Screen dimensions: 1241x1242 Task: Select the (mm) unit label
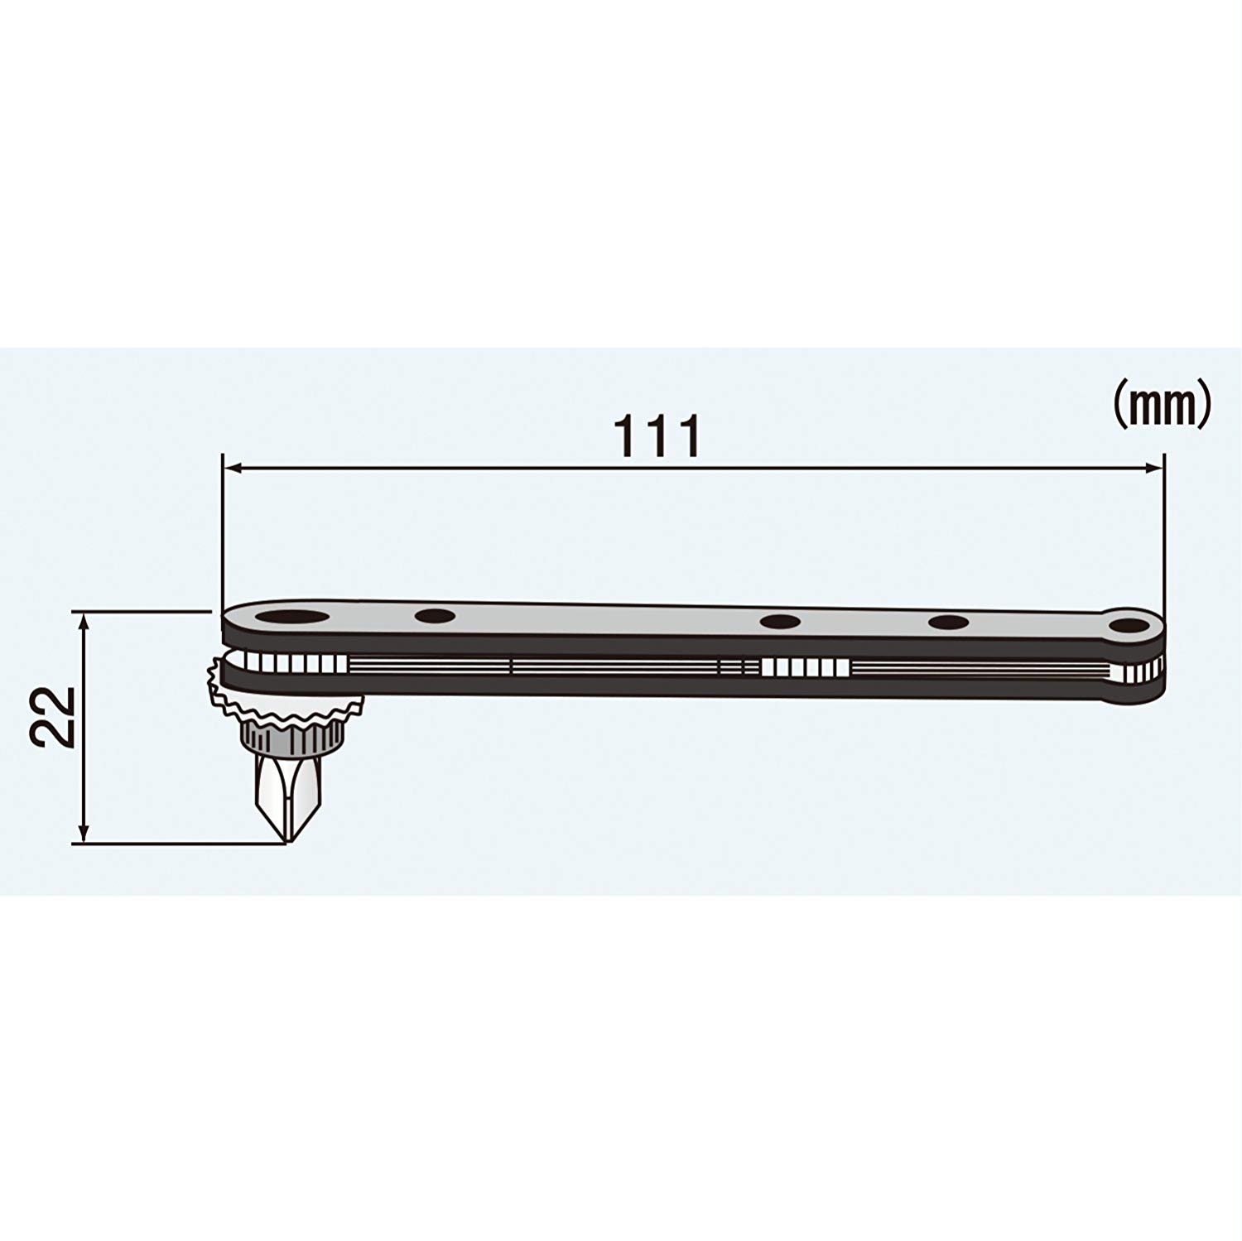(1159, 404)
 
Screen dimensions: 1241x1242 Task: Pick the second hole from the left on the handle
(435, 616)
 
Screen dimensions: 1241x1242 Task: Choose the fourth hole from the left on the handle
(949, 623)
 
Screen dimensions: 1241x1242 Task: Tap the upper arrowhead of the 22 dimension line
(82, 618)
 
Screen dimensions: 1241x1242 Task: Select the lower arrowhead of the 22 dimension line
(82, 836)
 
